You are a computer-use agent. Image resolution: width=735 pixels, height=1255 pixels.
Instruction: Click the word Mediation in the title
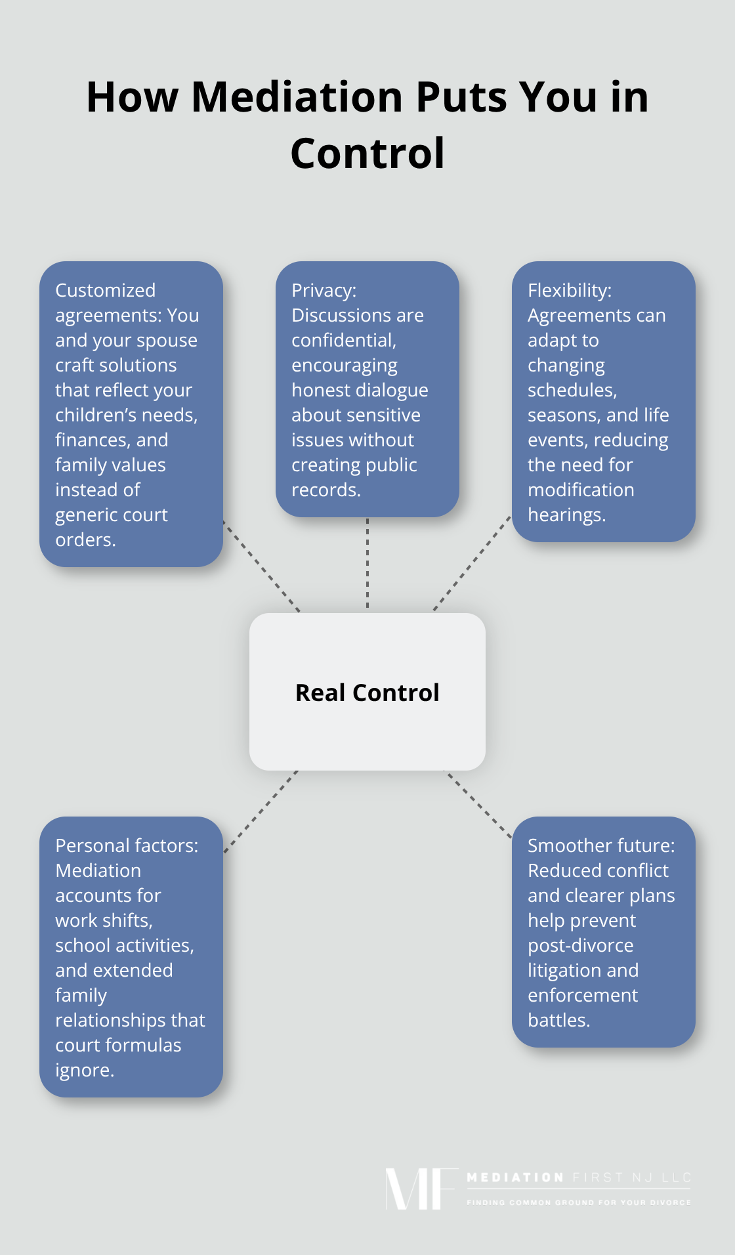pos(297,97)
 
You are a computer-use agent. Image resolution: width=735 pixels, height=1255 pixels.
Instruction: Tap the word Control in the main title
pos(367,154)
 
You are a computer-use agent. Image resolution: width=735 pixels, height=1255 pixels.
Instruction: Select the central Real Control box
pos(367,692)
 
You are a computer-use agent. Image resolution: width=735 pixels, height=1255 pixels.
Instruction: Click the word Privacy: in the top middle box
pos(324,290)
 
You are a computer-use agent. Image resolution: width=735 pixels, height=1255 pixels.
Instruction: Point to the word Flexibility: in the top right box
pos(570,290)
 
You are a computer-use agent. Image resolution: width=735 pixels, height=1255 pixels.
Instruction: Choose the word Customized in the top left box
pos(106,290)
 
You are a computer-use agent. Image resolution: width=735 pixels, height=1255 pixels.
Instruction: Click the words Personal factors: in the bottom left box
pos(127,845)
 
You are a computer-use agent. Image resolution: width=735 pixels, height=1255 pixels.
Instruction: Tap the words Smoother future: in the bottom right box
pos(601,845)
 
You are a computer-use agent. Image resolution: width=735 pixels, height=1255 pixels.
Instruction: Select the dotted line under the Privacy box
pos(367,564)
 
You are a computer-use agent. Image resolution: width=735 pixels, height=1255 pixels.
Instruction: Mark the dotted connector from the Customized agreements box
pos(262,567)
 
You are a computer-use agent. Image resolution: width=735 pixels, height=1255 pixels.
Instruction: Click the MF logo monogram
pos(420,1189)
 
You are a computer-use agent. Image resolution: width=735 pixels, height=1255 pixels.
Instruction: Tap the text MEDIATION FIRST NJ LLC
pos(579,1178)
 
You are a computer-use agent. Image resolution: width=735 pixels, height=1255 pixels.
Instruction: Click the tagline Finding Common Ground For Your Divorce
pos(579,1202)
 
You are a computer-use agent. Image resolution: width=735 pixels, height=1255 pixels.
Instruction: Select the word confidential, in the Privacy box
pos(344,340)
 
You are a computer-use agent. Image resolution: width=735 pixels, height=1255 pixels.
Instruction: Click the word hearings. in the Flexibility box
pos(567,515)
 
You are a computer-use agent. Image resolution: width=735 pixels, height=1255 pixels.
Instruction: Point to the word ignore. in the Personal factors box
pos(85,1070)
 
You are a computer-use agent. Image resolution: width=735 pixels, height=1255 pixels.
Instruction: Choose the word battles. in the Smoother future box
pos(559,1020)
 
